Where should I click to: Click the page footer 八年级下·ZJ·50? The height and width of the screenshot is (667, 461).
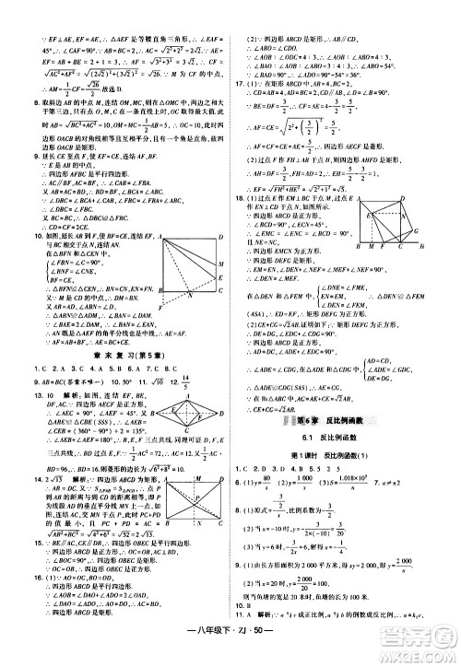coord(230,653)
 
